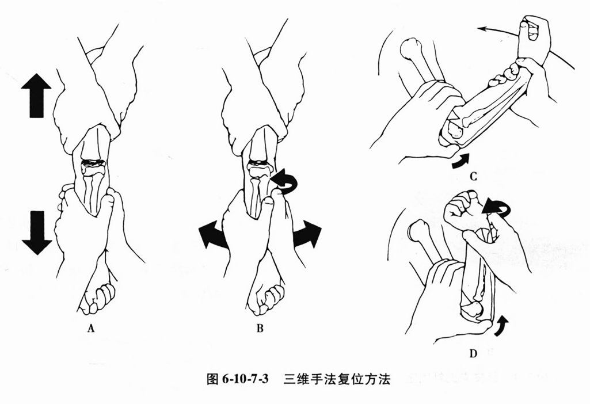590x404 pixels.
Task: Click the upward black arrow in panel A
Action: pos(36,96)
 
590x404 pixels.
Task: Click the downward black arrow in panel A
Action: pos(36,233)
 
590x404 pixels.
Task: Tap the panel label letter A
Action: pos(90,328)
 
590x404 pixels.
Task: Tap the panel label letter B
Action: pos(260,328)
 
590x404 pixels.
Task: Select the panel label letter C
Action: pos(474,176)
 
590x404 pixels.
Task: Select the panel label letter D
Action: pos(473,353)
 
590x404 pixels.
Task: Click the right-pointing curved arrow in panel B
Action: pos(307,234)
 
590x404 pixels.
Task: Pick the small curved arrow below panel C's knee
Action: pos(460,161)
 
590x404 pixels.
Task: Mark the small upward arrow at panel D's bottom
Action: pos(502,326)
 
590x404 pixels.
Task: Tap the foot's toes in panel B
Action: pos(268,299)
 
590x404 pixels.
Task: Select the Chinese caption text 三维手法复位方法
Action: pos(337,379)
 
